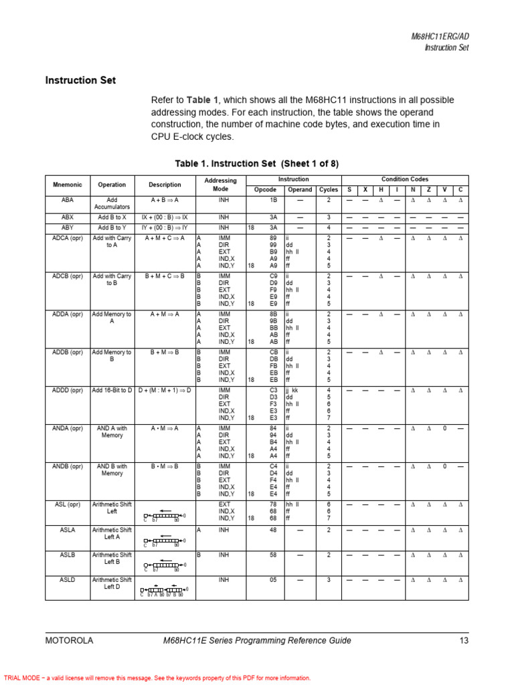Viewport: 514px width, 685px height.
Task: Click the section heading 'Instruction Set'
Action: click(x=80, y=80)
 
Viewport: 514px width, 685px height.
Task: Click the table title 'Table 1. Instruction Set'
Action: click(x=257, y=163)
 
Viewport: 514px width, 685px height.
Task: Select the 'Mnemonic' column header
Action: click(x=68, y=185)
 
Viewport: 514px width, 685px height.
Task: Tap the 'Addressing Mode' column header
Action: click(x=220, y=185)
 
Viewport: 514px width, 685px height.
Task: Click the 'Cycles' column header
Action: click(x=328, y=190)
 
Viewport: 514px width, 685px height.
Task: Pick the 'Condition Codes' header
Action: click(x=405, y=179)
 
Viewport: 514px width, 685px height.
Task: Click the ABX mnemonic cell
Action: click(x=68, y=217)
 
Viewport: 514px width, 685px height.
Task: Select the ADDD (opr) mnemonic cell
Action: click(x=68, y=390)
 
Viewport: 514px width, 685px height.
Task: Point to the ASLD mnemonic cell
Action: click(x=68, y=580)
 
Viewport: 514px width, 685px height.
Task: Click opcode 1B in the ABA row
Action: click(x=273, y=200)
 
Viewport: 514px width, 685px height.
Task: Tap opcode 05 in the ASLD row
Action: click(x=273, y=580)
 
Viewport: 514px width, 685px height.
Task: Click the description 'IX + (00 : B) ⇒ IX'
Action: click(x=165, y=217)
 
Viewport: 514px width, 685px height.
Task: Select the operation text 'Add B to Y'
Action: click(x=112, y=227)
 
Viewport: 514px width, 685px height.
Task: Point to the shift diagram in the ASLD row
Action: click(x=165, y=590)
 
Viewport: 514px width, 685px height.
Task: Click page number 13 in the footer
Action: click(x=464, y=641)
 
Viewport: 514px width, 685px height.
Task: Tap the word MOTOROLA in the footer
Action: click(x=69, y=641)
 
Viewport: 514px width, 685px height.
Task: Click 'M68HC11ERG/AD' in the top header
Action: click(x=440, y=37)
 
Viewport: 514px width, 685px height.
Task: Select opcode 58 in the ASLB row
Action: click(x=273, y=555)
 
